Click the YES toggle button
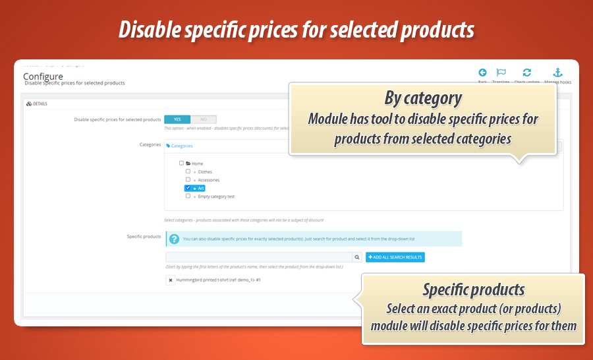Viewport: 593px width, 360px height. pyautogui.click(x=177, y=119)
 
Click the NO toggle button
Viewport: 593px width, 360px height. pyautogui.click(x=203, y=119)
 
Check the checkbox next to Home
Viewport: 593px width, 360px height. pyautogui.click(x=181, y=163)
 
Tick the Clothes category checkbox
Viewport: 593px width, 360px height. pyautogui.click(x=188, y=171)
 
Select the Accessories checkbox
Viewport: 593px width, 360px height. pyautogui.click(x=188, y=179)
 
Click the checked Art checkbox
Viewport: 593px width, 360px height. pyautogui.click(x=188, y=188)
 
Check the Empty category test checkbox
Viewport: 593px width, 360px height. pyautogui.click(x=188, y=196)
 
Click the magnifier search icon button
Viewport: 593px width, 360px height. pyautogui.click(x=357, y=257)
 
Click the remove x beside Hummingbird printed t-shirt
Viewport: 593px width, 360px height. pyautogui.click(x=171, y=280)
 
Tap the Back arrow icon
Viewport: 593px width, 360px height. pyautogui.click(x=482, y=73)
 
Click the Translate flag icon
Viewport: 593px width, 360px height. pyautogui.click(x=501, y=73)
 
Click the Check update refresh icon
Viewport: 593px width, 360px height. pyautogui.click(x=526, y=73)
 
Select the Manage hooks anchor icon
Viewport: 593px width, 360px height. pyautogui.click(x=557, y=73)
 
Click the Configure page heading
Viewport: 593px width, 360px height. pyautogui.click(x=43, y=76)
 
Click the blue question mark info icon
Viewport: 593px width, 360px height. pyautogui.click(x=174, y=239)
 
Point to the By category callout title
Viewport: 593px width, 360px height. pyautogui.click(x=423, y=99)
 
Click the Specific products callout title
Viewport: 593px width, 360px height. pyautogui.click(x=473, y=289)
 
